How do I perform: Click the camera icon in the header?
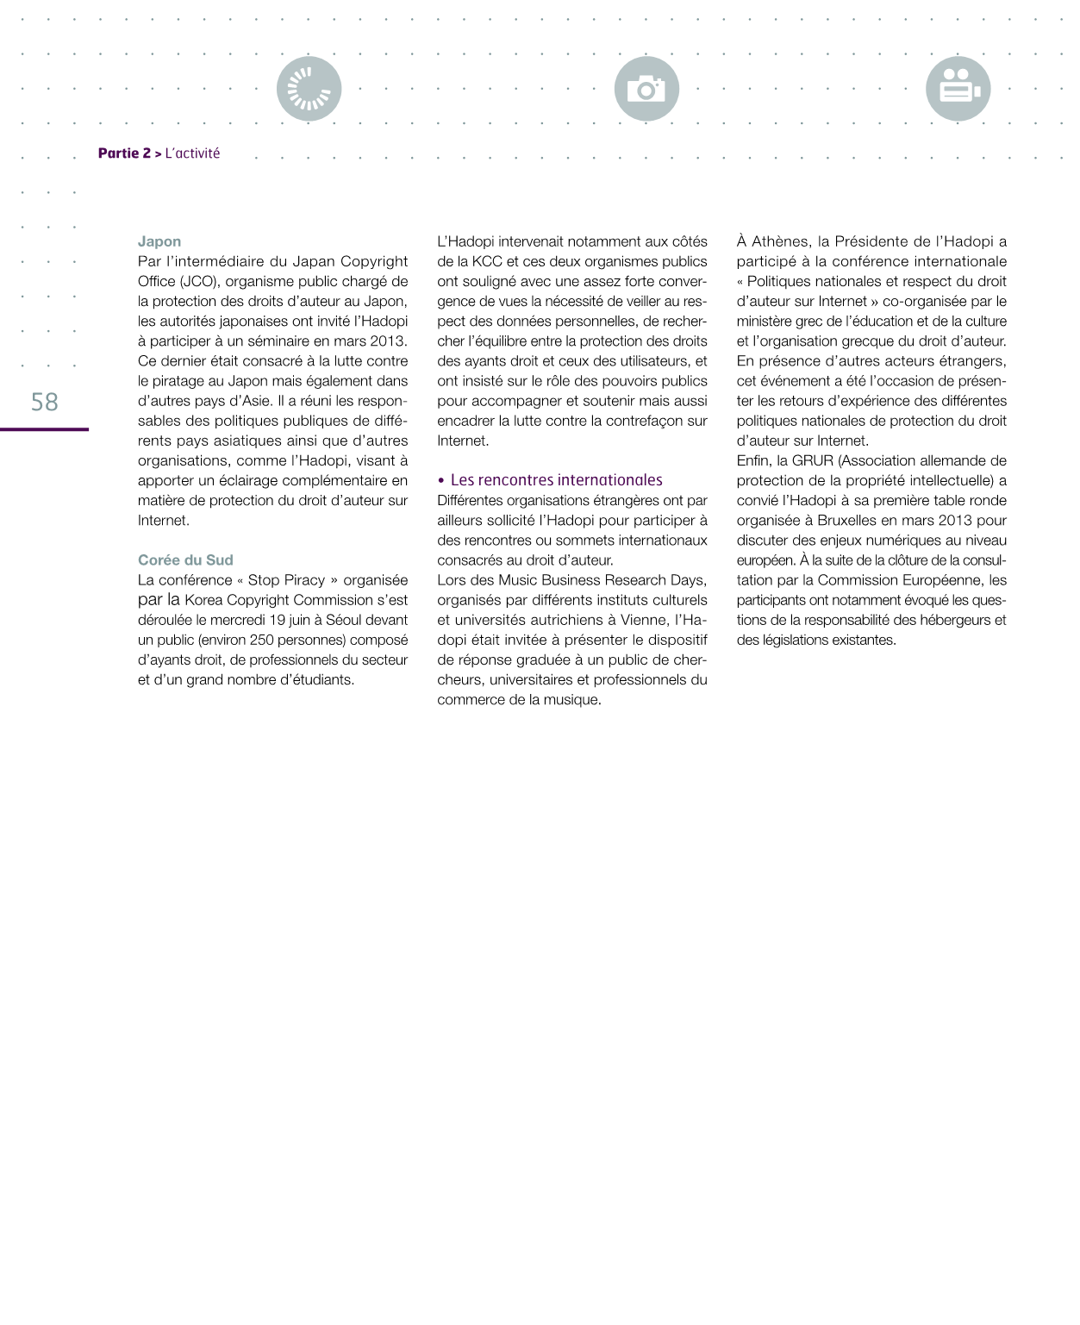tap(646, 89)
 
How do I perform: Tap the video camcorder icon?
tap(958, 89)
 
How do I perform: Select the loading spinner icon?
tap(309, 89)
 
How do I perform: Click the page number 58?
tap(44, 401)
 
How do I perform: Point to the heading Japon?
tap(159, 241)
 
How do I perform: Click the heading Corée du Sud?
tap(185, 559)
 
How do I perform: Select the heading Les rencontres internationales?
tap(556, 480)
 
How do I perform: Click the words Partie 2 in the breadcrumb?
tap(124, 153)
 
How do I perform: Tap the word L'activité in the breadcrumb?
tap(192, 153)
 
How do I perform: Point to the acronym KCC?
tap(487, 261)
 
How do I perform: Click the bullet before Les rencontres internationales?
tap(440, 480)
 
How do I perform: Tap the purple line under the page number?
tap(44, 429)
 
